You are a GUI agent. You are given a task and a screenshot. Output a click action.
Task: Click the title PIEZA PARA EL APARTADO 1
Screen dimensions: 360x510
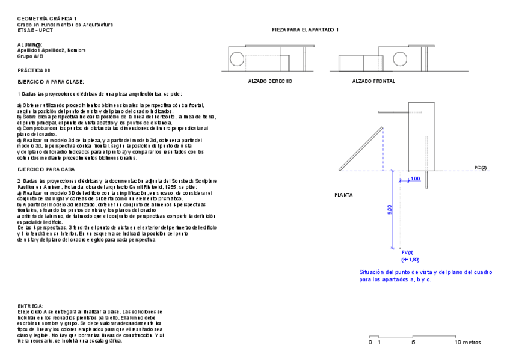306,29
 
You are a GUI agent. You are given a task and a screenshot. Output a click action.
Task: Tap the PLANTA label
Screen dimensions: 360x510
343,195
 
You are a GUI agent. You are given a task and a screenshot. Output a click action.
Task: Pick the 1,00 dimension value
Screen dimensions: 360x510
415,179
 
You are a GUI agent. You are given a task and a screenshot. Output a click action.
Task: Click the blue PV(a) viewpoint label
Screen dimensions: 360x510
408,252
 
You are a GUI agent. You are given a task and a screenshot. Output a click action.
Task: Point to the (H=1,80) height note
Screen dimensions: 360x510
410,259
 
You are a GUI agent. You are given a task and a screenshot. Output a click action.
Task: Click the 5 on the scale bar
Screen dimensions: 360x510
413,342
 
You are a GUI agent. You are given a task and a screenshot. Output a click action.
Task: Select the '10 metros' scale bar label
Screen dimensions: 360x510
468,342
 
